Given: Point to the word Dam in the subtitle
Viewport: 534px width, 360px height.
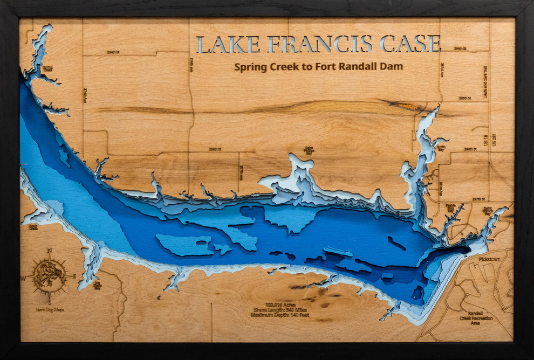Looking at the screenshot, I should pos(393,67).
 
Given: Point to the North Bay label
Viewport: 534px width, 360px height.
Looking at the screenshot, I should pos(441,148).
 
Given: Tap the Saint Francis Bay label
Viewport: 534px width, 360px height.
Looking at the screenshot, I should pos(488,211).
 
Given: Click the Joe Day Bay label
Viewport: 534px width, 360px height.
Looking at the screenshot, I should pos(97,285).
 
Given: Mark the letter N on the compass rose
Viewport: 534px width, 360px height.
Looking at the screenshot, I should pos(49,251).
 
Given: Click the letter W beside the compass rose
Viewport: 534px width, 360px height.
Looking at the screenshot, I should pos(23,278).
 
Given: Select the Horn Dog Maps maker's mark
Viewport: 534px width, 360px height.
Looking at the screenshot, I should pos(50,310).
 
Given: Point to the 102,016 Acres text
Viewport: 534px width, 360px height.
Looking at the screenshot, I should pos(279,304).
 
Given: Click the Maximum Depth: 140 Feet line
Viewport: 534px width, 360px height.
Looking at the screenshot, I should pos(279,315).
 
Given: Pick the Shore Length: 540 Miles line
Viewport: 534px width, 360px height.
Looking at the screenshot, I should pos(279,309).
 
